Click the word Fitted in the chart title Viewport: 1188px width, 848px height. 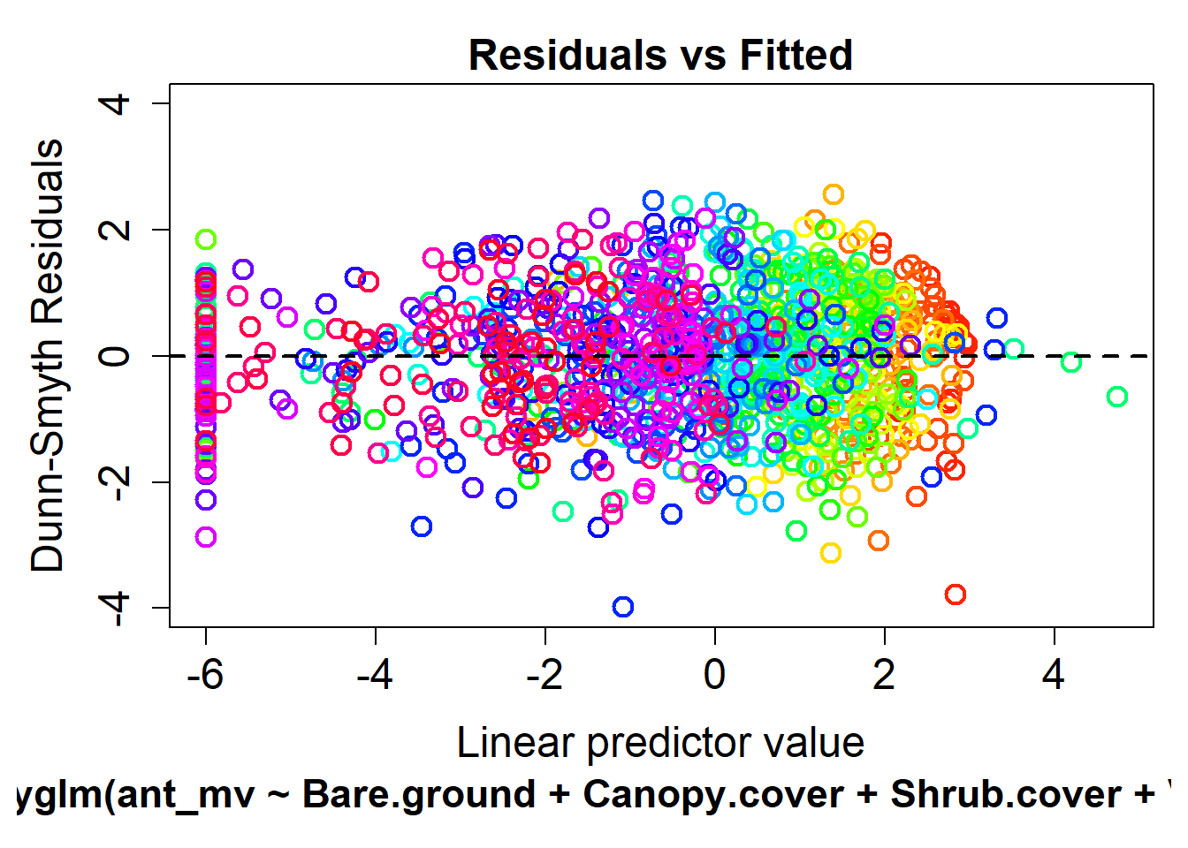coord(796,55)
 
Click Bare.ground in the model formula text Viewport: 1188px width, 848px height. coord(418,794)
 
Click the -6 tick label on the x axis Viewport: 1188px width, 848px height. coord(205,676)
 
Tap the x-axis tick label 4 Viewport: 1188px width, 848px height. coord(1054,676)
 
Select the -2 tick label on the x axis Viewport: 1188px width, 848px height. coord(544,676)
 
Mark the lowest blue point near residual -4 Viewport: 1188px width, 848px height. coord(623,607)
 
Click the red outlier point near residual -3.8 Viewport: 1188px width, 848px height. coord(955,594)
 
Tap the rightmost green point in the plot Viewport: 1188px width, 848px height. coord(1117,397)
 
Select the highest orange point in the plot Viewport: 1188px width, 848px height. coord(833,194)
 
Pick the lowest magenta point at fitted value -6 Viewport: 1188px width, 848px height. coord(206,537)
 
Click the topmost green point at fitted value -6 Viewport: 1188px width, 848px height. coord(206,239)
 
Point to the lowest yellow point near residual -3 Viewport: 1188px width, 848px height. coord(830,554)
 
